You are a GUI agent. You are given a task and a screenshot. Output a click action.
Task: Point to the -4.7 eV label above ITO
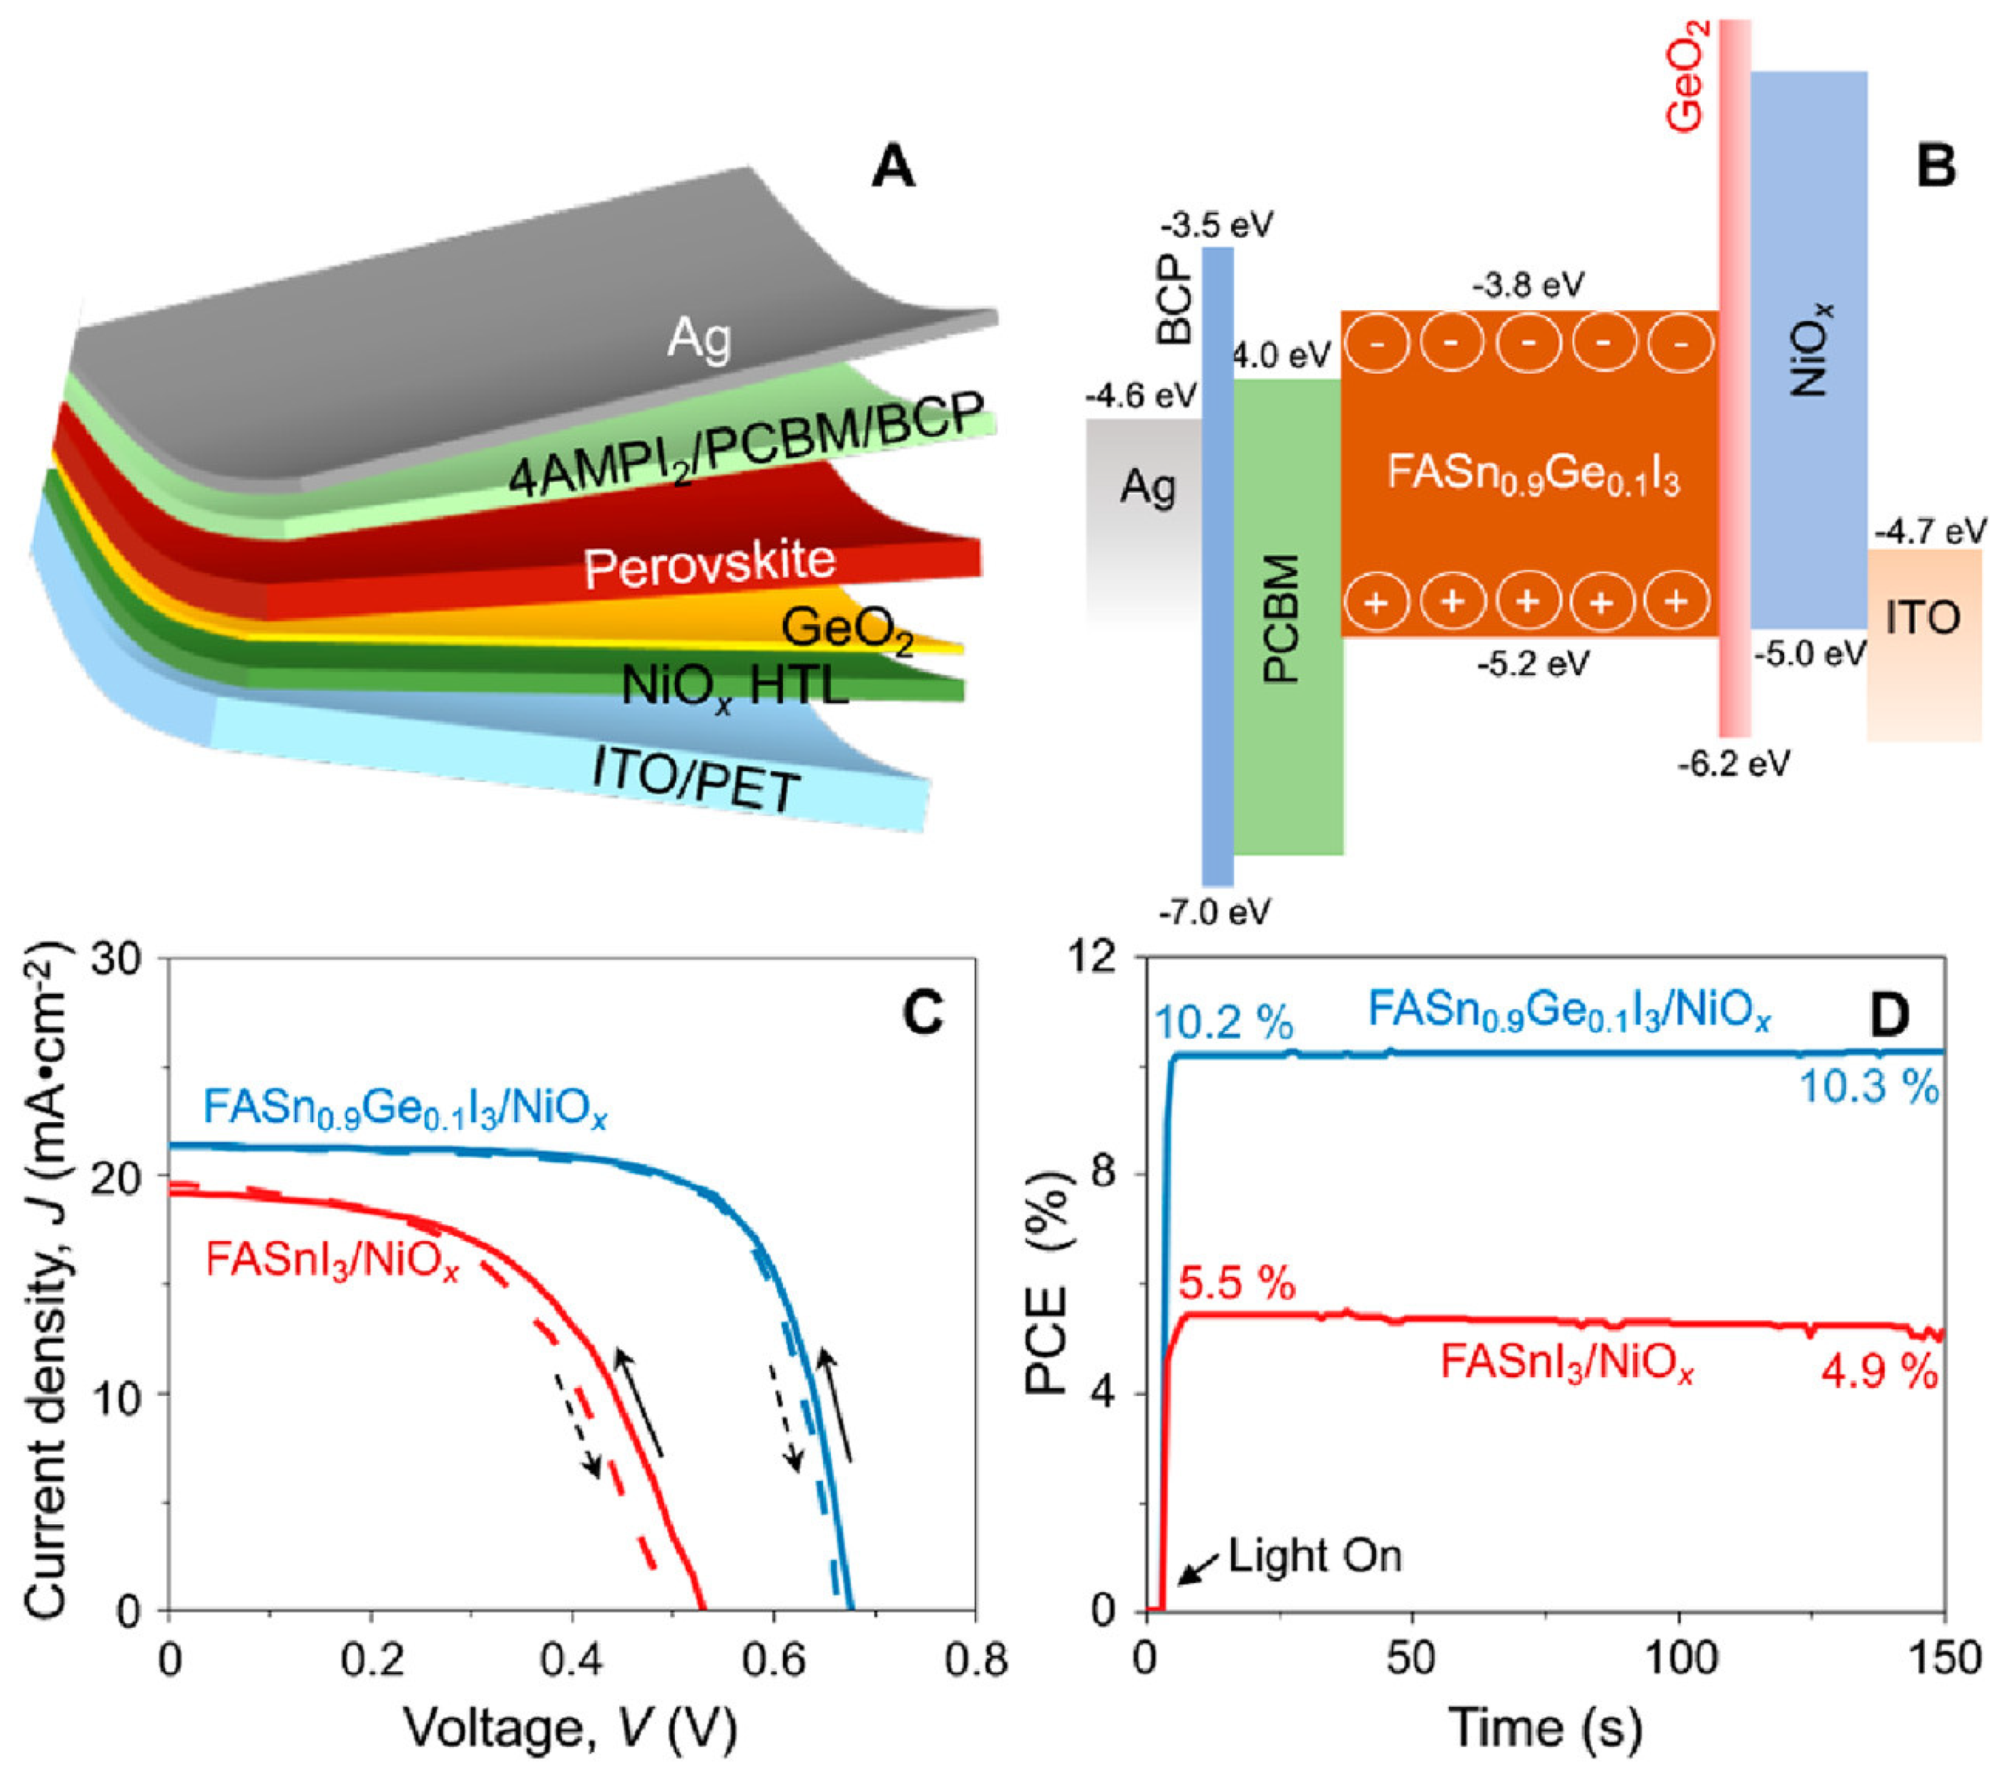[1929, 532]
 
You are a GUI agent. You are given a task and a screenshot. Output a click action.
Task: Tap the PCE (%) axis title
[1046, 1283]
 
